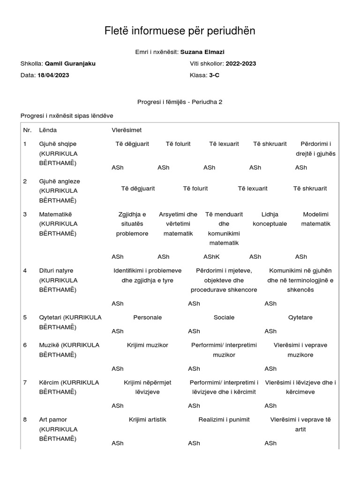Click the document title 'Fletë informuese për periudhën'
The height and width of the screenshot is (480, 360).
tap(180, 31)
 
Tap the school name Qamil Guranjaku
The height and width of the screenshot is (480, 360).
tap(70, 64)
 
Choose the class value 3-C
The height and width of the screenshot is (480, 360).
tap(214, 75)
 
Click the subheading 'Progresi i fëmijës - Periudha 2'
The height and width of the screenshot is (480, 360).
tap(180, 102)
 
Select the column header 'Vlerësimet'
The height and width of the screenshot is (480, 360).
tap(127, 130)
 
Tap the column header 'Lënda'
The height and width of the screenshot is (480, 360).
tap(48, 130)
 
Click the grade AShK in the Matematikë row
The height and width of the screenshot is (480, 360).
tap(211, 256)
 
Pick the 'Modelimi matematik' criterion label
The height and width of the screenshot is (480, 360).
tap(316, 219)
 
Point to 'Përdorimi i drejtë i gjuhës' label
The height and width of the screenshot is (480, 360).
tap(316, 149)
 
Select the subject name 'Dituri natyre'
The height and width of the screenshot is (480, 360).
tap(56, 270)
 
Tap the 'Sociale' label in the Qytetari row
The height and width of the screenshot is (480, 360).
tap(224, 317)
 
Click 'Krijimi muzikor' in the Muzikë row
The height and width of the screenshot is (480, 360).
tap(147, 345)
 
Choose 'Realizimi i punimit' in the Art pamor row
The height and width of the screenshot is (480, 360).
tap(224, 420)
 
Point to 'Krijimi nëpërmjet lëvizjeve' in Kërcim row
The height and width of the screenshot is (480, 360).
tap(147, 387)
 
